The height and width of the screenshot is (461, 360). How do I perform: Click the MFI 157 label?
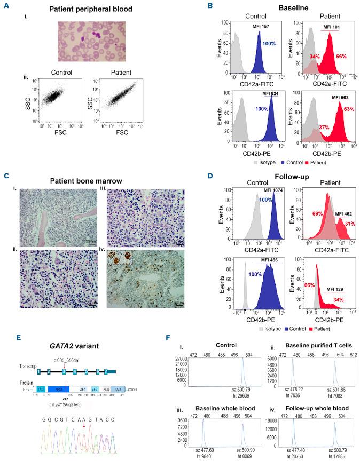coord(261,27)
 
